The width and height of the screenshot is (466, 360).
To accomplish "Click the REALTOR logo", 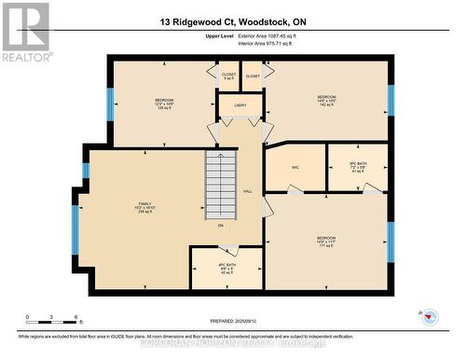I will pyautogui.click(x=25, y=31).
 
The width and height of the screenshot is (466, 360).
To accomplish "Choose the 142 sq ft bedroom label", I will pyautogui.click(x=326, y=101).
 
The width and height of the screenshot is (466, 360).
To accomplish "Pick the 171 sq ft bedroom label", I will pyautogui.click(x=325, y=242).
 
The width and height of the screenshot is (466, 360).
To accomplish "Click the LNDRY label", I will pyautogui.click(x=231, y=106).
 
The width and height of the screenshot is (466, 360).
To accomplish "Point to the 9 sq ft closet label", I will pyautogui.click(x=228, y=77).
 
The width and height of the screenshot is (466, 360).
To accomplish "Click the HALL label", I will pyautogui.click(x=247, y=191).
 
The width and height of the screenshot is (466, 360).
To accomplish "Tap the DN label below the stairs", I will pyautogui.click(x=221, y=226).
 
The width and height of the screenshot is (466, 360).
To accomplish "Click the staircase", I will pyautogui.click(x=221, y=186).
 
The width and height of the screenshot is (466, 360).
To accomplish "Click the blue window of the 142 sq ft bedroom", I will pyautogui.click(x=391, y=100).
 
